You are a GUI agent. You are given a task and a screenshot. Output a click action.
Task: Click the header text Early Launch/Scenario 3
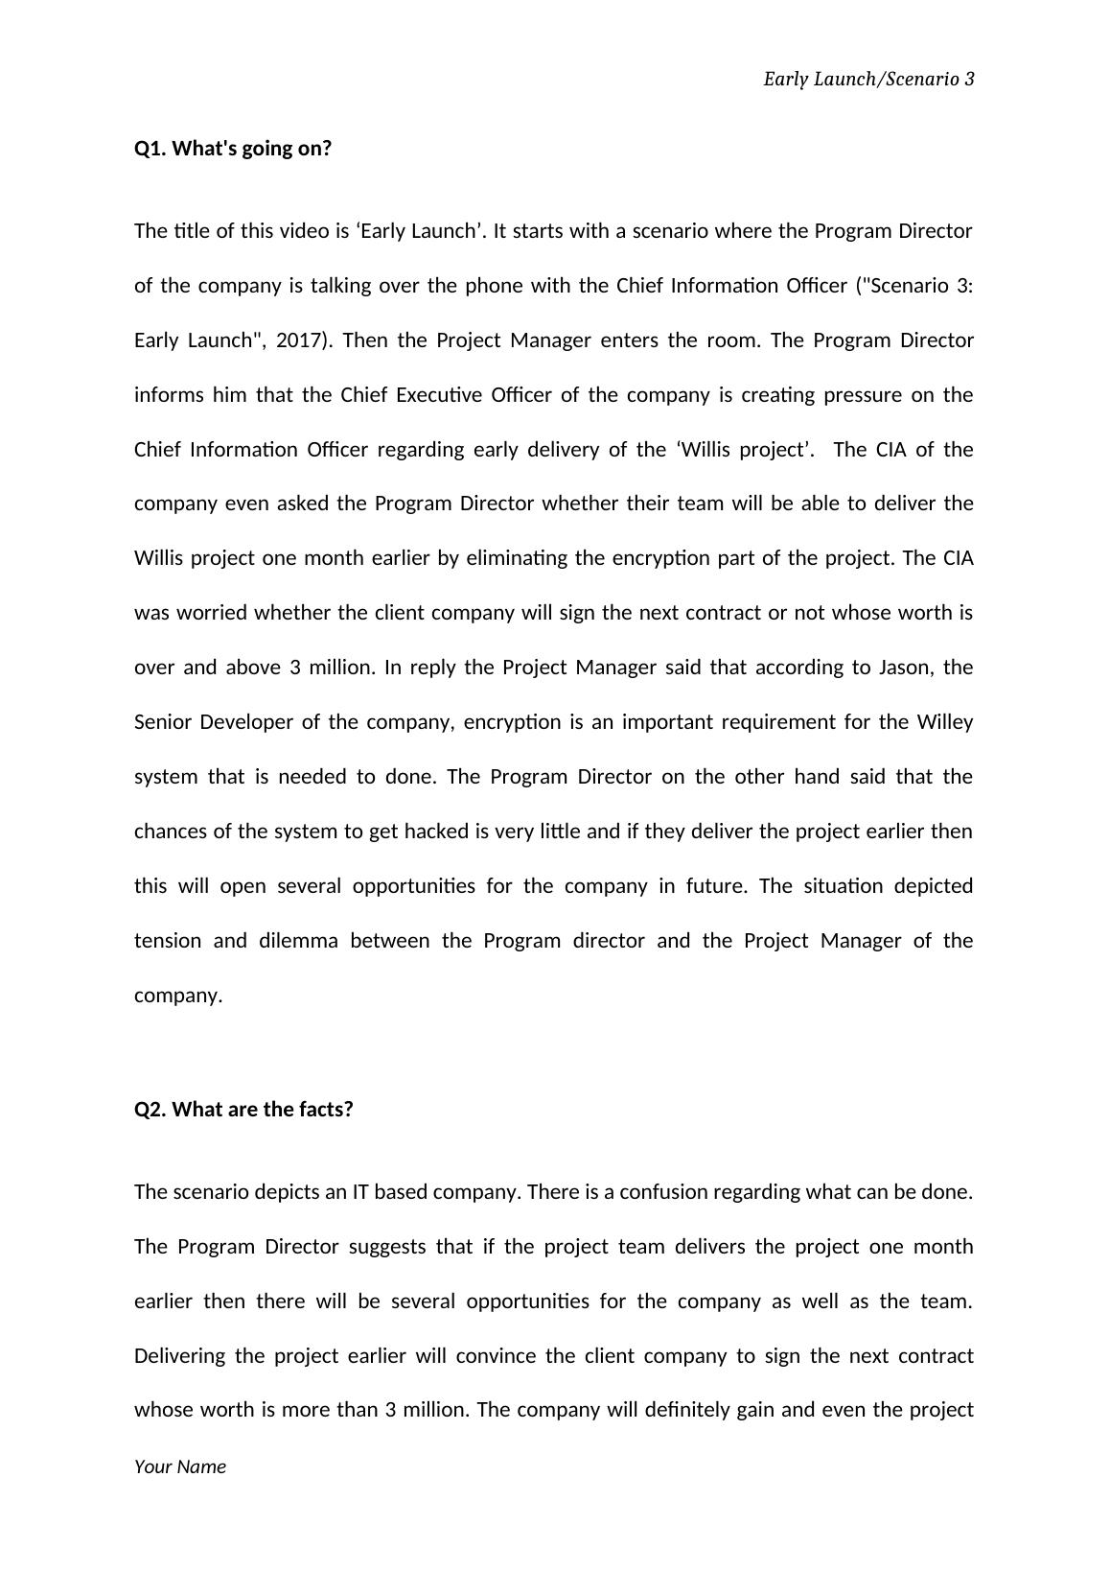[868, 80]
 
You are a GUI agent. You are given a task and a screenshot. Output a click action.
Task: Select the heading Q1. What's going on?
[233, 149]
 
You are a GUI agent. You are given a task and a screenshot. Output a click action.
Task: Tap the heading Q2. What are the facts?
[243, 1110]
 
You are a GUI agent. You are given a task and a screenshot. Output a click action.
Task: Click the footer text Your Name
[180, 1466]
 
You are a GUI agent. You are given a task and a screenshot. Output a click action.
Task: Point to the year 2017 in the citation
[297, 340]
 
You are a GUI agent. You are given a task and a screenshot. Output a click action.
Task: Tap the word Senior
[164, 722]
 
